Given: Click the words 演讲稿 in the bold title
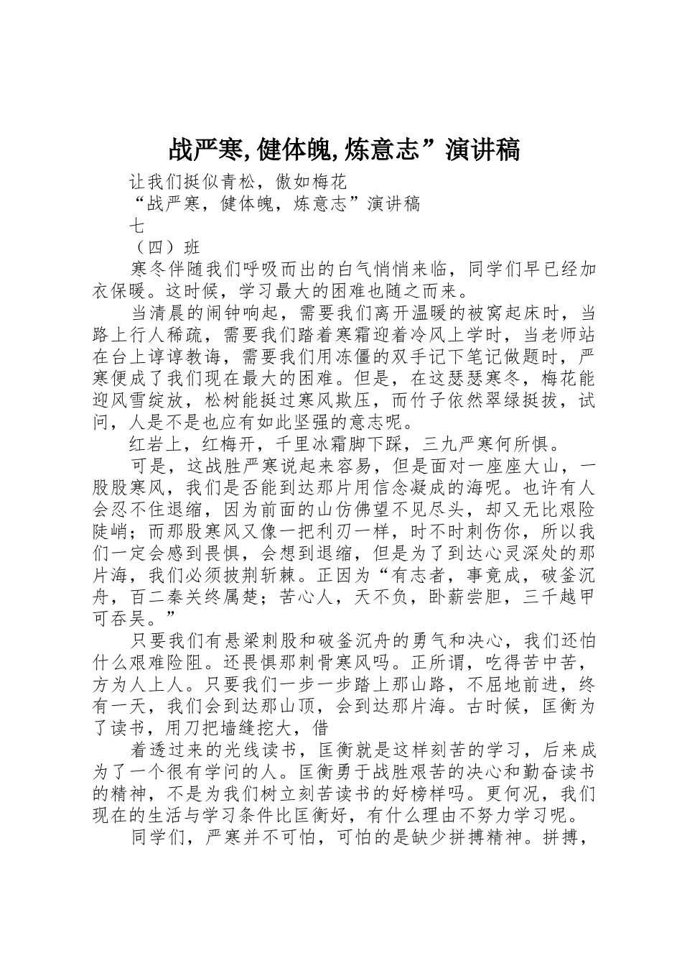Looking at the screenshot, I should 482,150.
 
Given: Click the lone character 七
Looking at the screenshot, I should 136,226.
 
